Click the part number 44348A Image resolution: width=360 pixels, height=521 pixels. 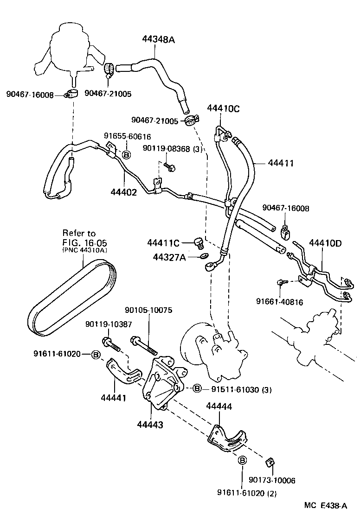pos(158,40)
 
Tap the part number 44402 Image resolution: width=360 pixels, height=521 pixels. pos(124,191)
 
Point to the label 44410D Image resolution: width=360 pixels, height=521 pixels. pos(325,243)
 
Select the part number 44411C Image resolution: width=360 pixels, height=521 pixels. pos(163,242)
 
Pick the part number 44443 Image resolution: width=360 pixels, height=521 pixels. pos(150,424)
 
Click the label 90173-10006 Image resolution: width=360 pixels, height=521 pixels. pos(272,480)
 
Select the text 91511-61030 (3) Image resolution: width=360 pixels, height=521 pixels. pos(238,389)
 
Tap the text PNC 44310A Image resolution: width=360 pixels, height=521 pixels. pos(84,249)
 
